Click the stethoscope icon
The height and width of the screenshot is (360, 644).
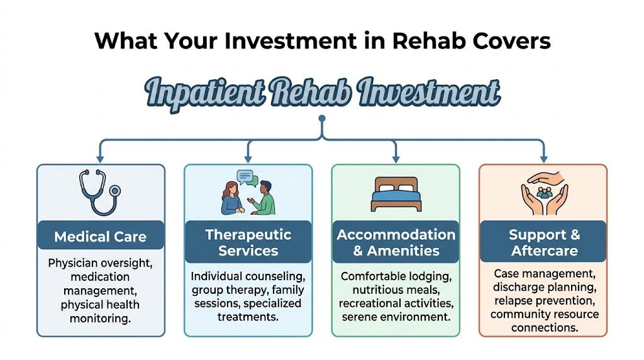click(99, 191)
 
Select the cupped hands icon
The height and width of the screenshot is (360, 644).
click(544, 191)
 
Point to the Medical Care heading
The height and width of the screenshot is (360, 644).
click(100, 237)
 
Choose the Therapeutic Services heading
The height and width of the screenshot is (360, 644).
click(248, 242)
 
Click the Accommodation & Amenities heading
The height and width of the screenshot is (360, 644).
click(396, 242)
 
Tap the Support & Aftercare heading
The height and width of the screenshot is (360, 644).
click(544, 242)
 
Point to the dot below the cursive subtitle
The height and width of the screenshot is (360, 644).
click(322, 118)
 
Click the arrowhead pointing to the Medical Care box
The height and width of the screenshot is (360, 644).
click(99, 158)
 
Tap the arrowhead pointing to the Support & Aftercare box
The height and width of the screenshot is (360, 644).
click(544, 158)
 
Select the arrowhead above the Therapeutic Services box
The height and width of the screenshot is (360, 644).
click(248, 158)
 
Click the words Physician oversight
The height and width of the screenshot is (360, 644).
click(100, 263)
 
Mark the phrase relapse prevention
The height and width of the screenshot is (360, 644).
click(544, 300)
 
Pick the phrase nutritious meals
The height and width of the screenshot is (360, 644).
click(396, 290)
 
